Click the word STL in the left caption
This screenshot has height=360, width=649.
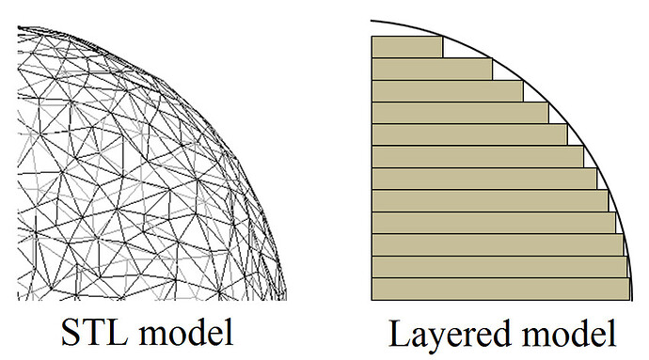[94, 332]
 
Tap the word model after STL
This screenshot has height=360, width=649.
[185, 332]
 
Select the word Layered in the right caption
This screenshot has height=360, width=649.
[449, 335]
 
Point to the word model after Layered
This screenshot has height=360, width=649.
[569, 333]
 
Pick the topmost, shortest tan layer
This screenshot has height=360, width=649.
[407, 47]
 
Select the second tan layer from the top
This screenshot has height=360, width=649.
[432, 70]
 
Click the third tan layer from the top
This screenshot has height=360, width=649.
[448, 91]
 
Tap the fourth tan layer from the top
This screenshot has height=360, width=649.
[460, 113]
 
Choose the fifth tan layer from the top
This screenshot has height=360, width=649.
[469, 135]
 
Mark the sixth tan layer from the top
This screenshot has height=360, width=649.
[478, 157]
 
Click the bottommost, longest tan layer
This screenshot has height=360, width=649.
[500, 290]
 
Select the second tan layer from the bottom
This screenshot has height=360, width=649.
[499, 267]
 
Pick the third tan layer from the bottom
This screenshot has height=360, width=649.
[498, 245]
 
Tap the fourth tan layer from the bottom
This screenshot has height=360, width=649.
[494, 223]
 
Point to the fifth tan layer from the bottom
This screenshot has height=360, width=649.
[490, 201]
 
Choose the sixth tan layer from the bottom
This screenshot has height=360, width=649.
[484, 180]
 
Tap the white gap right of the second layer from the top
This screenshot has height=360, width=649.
[502, 72]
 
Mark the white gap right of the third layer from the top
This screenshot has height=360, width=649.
[531, 94]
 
